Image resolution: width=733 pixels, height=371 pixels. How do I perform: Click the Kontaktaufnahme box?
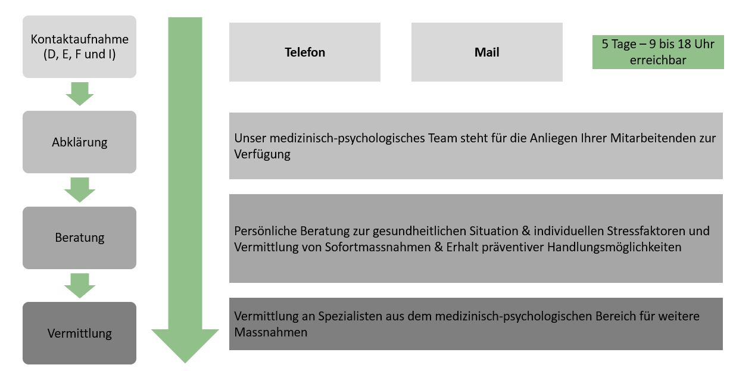pos(80,47)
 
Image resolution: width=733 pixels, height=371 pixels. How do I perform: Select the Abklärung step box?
pos(80,142)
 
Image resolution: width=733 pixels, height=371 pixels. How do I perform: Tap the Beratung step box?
pos(80,238)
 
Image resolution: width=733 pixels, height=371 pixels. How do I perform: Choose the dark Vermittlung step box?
pos(80,333)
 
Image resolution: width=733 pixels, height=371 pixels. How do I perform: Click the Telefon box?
pos(305,52)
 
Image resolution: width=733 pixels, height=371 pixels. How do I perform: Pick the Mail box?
pos(487,52)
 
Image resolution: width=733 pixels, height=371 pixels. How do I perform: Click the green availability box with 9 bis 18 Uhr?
pos(658,52)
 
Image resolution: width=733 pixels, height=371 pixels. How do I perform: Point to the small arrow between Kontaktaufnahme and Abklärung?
pos(80,94)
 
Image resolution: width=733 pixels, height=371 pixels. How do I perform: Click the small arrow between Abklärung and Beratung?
pos(80,190)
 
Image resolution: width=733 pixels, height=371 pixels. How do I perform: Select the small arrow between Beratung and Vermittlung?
pos(80,286)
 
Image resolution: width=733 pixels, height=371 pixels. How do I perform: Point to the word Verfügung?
pos(262,154)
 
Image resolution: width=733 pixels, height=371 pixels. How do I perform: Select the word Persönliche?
pos(266,231)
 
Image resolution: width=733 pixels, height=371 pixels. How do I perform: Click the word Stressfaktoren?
pos(646,231)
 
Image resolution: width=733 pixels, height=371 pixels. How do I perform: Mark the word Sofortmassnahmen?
pos(378,247)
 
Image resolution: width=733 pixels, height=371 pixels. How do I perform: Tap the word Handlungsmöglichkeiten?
pos(615,247)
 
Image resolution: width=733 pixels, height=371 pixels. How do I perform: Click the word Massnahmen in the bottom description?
pos(270,332)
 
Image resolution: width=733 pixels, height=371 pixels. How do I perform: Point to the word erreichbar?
pos(658,60)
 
